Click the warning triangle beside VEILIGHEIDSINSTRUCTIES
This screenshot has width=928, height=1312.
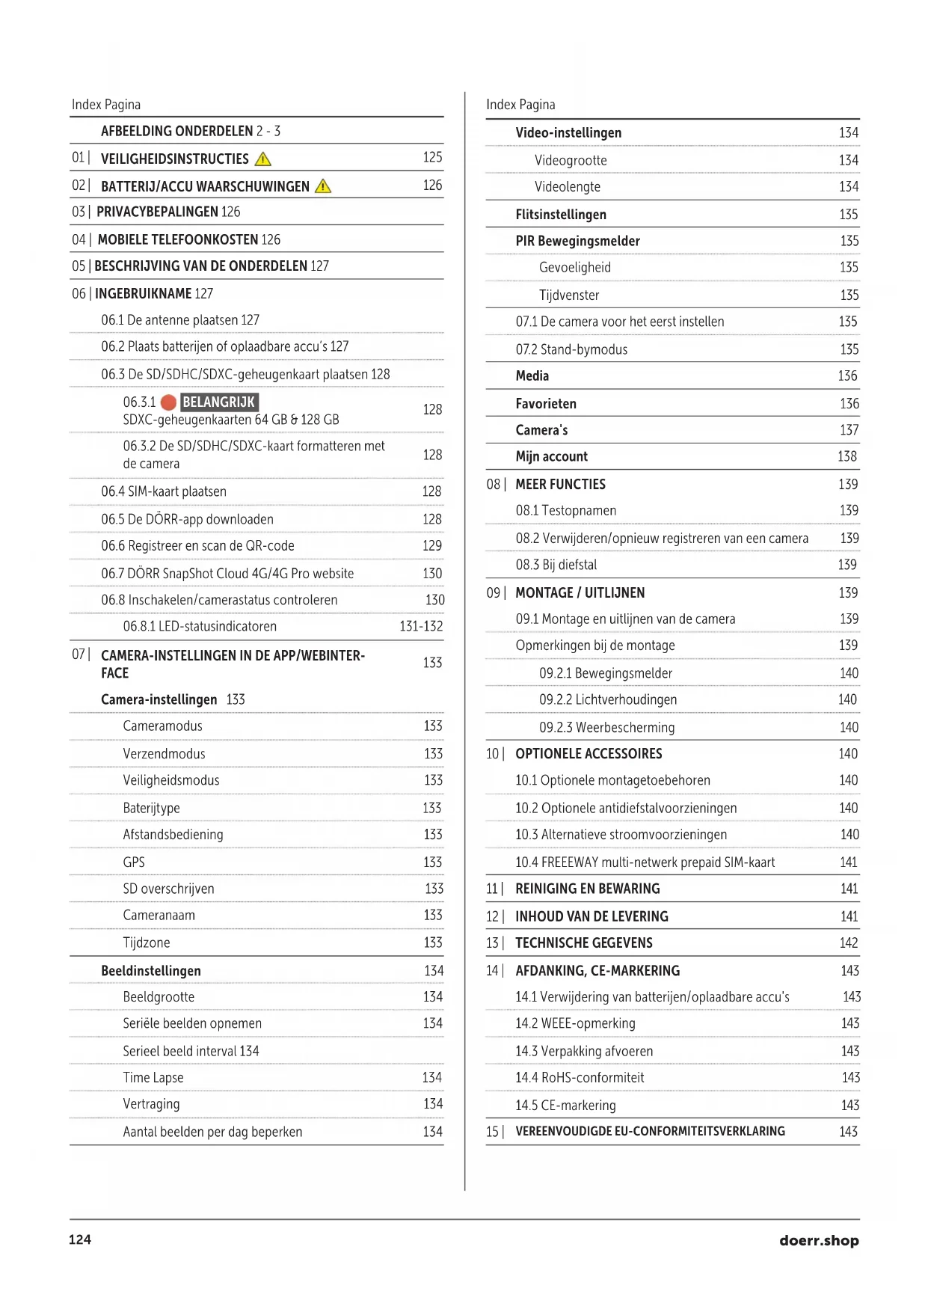(x=263, y=159)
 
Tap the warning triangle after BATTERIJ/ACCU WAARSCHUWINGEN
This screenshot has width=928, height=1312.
(x=323, y=186)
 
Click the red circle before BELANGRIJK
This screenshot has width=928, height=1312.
(x=169, y=402)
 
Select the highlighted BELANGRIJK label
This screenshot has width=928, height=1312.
(x=219, y=402)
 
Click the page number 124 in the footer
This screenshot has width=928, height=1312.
(x=80, y=1239)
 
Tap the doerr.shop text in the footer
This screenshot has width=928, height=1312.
(x=819, y=1240)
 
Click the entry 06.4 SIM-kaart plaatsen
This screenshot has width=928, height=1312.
(x=164, y=491)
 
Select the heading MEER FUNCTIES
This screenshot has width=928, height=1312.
(x=560, y=484)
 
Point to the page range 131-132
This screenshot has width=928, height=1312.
(x=421, y=626)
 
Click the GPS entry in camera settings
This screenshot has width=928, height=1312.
(x=134, y=862)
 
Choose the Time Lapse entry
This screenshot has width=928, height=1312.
(x=153, y=1077)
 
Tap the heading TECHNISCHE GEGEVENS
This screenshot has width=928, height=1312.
(x=583, y=942)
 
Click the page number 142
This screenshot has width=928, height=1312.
(x=849, y=942)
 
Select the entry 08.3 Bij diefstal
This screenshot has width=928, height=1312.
(x=556, y=565)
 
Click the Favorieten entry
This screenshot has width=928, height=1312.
(x=546, y=403)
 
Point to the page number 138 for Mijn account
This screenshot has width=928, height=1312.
(x=847, y=456)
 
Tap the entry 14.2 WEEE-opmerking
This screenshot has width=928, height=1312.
(x=575, y=1023)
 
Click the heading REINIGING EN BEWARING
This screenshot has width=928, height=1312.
(x=587, y=889)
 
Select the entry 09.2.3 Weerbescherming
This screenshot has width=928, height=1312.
(x=606, y=727)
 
